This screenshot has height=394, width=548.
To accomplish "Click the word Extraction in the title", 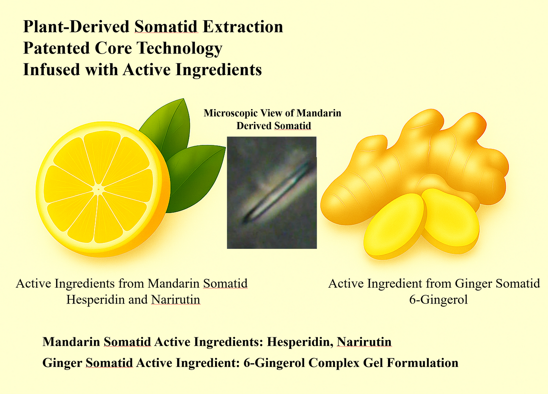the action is (243, 27).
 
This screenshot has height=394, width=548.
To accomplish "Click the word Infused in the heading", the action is (52, 70).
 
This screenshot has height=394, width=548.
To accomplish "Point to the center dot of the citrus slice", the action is (98, 190).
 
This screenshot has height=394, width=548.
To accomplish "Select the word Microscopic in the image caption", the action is (231, 113).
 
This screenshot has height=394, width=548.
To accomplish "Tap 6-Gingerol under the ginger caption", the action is (438, 300).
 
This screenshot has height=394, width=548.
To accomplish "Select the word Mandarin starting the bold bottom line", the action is (71, 342).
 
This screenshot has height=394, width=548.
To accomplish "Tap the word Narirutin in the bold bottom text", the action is (364, 342).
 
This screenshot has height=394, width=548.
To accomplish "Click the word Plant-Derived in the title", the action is (76, 27).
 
